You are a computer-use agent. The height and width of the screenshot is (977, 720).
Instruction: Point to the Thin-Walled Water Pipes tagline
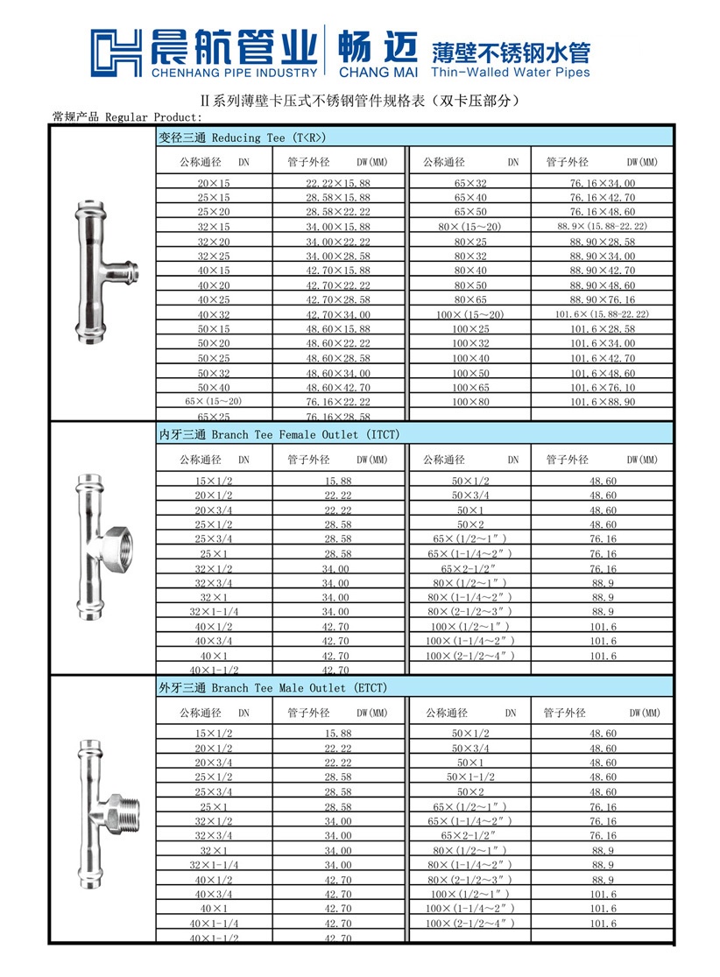coord(511,72)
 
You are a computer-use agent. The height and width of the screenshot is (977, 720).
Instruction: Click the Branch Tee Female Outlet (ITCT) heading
coord(279,434)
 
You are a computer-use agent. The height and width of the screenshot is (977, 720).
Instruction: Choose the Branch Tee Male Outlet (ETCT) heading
coord(272,688)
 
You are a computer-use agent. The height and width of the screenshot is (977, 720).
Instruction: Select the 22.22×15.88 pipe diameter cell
coord(338,183)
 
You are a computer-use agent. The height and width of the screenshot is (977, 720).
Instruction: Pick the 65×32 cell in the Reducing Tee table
coord(470,183)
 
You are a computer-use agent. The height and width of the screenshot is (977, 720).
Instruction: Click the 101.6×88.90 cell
coord(603,401)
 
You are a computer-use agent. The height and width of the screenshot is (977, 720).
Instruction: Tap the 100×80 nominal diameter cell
coord(470,401)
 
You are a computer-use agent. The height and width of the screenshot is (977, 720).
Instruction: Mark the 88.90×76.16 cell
coord(603,299)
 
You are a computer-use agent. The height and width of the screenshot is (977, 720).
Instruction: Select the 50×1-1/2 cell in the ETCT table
coord(470,777)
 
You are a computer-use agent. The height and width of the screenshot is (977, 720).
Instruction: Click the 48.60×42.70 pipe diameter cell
coord(338,387)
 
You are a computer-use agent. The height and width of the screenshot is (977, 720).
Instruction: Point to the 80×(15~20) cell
coord(470,227)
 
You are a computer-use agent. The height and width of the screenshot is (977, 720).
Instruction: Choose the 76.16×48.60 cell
coord(603,212)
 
